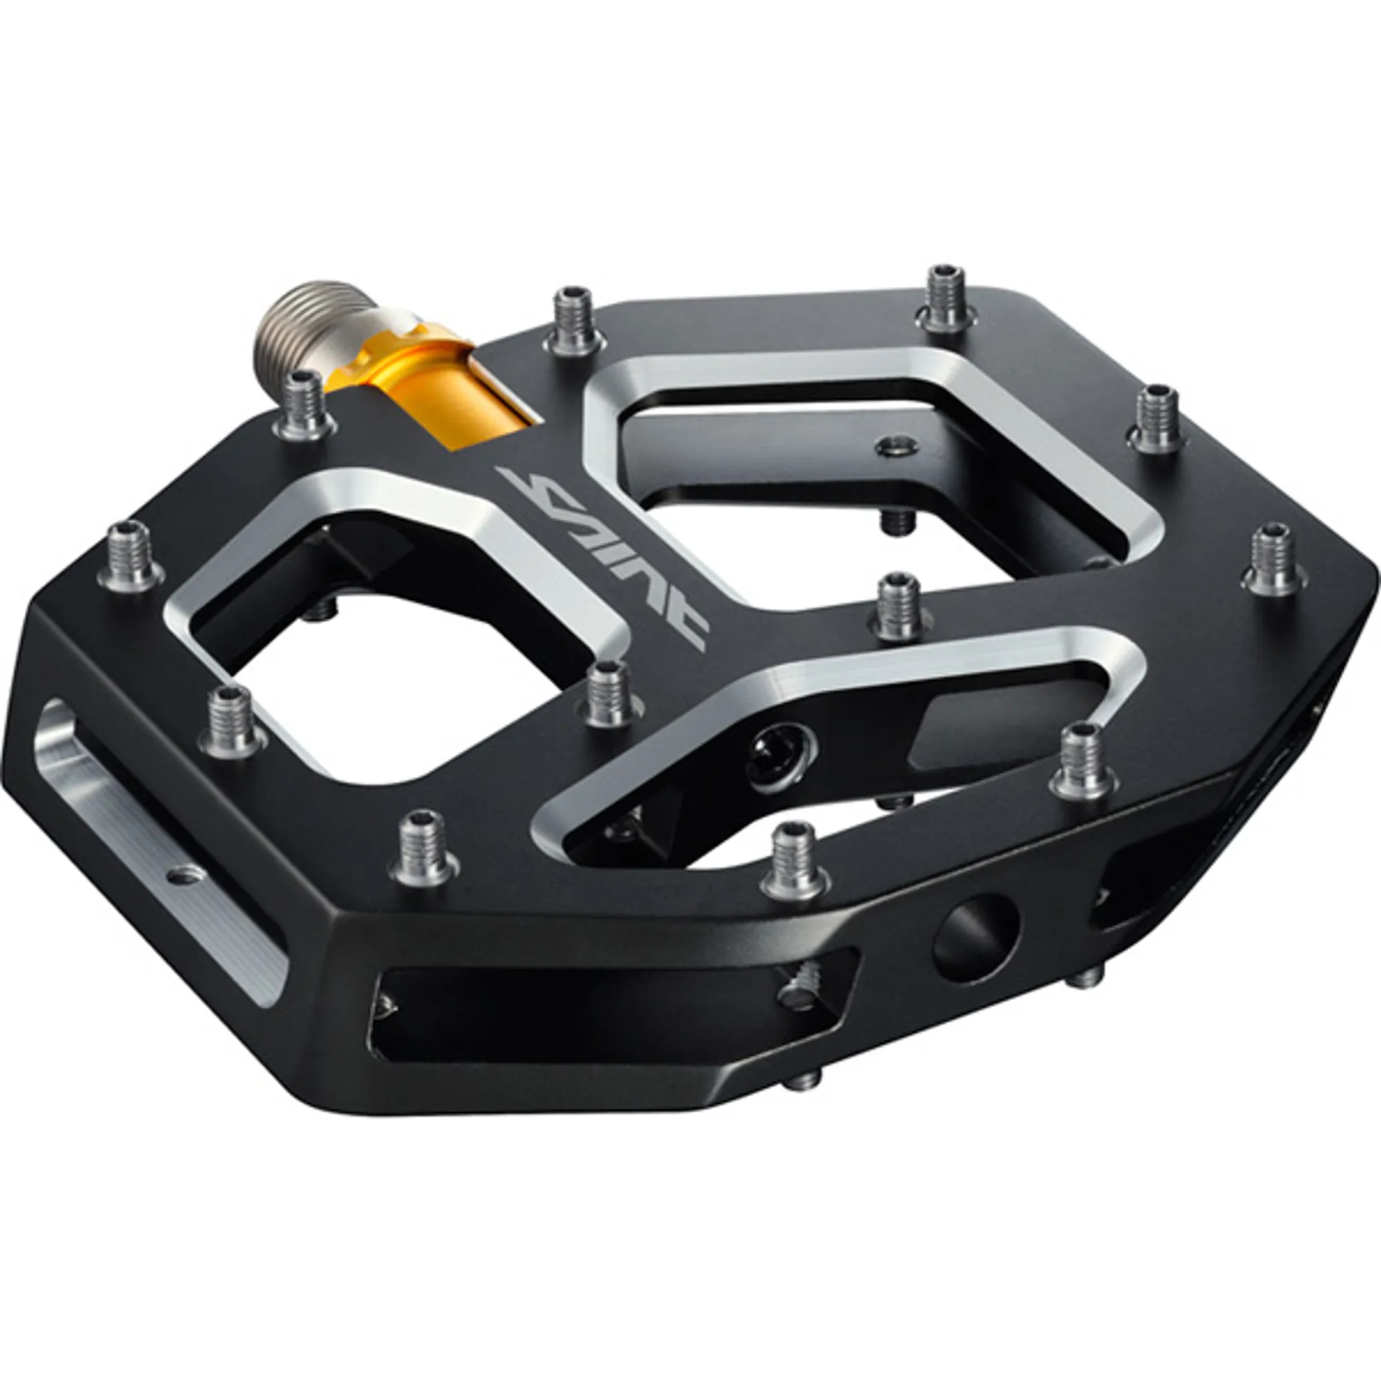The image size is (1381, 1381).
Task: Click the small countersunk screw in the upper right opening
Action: (x=898, y=447)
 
